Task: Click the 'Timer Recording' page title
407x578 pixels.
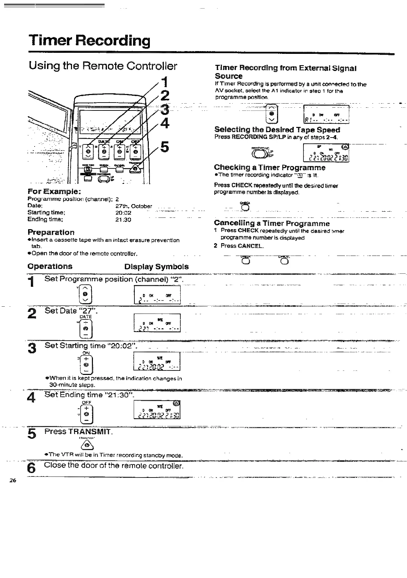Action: [89, 41]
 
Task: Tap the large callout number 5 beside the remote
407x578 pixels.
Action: [165, 146]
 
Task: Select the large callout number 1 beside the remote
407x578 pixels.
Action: [165, 83]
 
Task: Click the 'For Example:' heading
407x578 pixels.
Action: [54, 191]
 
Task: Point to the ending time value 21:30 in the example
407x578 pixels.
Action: [123, 220]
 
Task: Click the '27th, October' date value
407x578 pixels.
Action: [134, 206]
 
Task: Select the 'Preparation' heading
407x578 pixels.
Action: [51, 232]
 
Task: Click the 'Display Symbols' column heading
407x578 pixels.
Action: [156, 267]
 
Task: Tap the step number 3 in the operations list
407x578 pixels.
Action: [32, 349]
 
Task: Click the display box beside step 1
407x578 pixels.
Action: [157, 295]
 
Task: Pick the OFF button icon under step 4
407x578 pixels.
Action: [87, 414]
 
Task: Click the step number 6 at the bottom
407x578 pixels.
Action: [31, 468]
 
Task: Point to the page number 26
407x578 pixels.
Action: [13, 481]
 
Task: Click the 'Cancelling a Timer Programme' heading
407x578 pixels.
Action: [272, 224]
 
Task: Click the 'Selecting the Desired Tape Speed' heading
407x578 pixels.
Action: [277, 130]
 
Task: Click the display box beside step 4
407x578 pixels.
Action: [157, 410]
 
